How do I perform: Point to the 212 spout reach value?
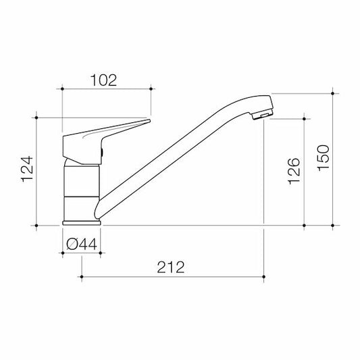[x=172, y=267]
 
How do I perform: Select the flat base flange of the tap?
[x=82, y=221]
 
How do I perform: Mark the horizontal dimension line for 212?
[x=172, y=276]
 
